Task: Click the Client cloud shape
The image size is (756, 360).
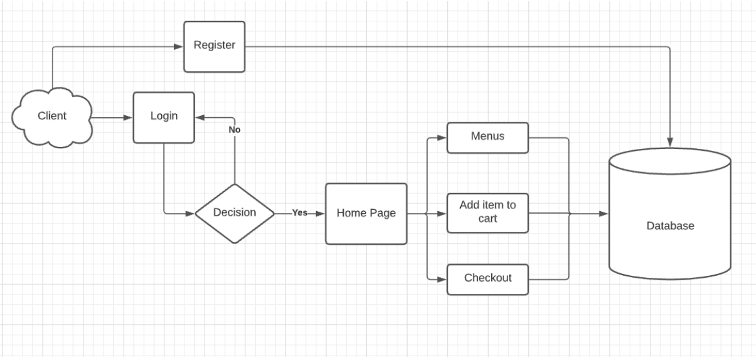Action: pos(52,117)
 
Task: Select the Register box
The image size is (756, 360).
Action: pos(214,46)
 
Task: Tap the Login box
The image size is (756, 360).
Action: pos(164,117)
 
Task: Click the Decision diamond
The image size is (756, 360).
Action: pos(234,213)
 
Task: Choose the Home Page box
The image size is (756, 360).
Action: pos(366,213)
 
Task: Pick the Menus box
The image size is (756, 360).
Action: pos(487,137)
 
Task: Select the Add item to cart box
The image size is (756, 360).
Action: pos(487,212)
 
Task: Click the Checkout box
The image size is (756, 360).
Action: pos(487,278)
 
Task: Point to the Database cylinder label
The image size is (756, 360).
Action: pos(670,226)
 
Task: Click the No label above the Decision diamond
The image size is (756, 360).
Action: pos(234,129)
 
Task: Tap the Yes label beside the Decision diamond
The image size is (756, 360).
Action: pos(300,213)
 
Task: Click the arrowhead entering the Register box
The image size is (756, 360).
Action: pos(179,46)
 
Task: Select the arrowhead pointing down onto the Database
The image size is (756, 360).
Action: pos(670,141)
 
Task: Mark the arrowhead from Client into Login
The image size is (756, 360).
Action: pos(128,117)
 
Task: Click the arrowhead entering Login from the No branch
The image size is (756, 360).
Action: pos(200,117)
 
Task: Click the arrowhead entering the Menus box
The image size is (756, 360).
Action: pos(442,137)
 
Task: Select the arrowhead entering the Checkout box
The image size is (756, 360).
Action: pos(442,279)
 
